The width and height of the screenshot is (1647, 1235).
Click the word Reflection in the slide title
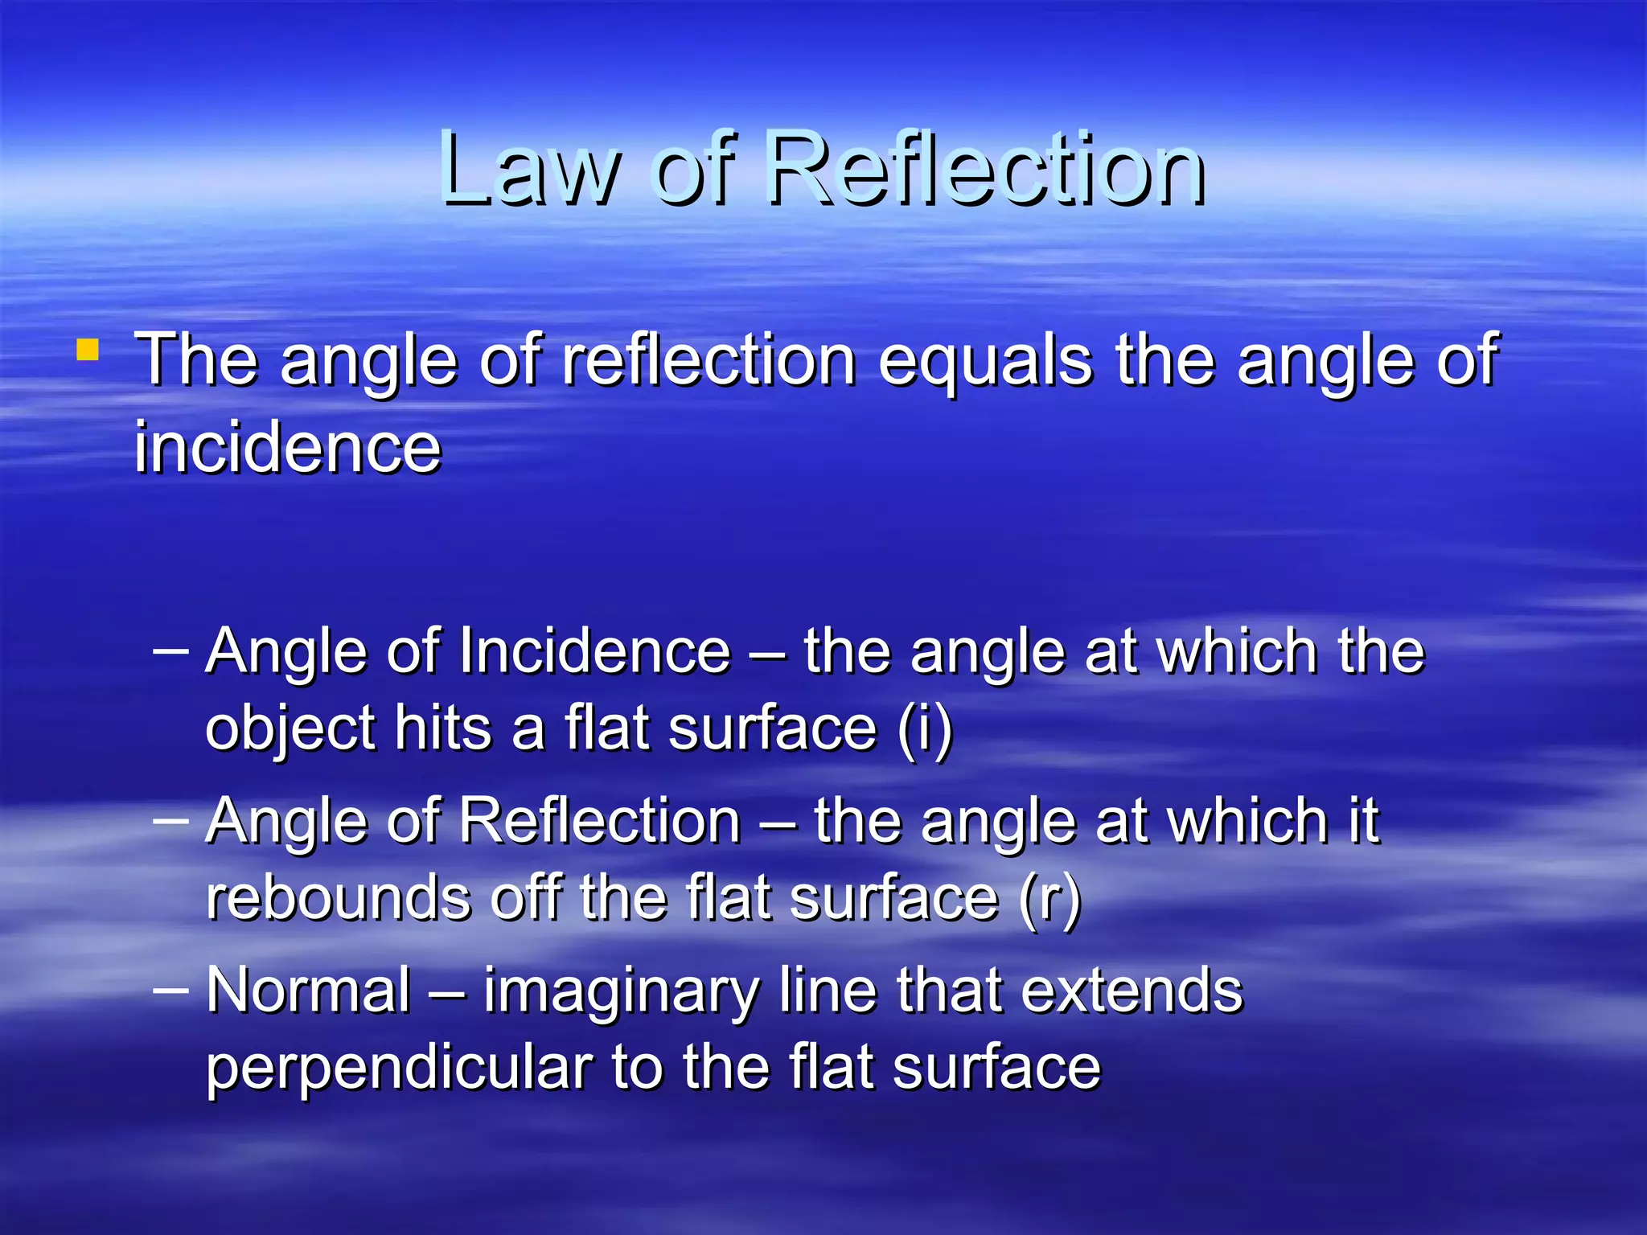click(x=984, y=169)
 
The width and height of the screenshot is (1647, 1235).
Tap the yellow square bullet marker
click(x=88, y=351)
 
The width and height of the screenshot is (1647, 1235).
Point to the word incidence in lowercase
click(x=288, y=447)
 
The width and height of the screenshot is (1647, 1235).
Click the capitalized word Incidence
click(x=594, y=650)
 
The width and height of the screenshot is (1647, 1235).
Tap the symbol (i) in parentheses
click(x=925, y=728)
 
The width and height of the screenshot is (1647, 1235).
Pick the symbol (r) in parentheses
click(x=1049, y=898)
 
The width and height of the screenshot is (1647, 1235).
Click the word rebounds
click(x=338, y=898)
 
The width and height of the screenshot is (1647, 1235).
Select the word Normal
click(x=309, y=990)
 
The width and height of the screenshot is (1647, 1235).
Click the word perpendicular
click(x=399, y=1068)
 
